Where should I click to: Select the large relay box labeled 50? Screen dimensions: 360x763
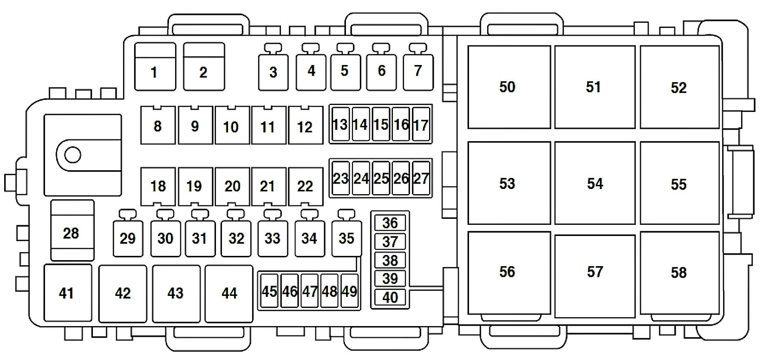tap(508, 87)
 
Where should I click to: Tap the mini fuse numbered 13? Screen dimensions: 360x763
tap(339, 124)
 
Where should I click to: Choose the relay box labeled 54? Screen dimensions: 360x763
tap(594, 183)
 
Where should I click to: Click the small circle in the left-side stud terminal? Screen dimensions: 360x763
tap(72, 155)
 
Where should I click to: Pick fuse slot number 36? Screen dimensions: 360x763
tap(390, 223)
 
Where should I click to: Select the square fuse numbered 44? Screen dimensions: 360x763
tap(229, 293)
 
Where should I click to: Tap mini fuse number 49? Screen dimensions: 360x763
tap(349, 291)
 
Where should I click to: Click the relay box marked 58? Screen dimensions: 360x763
tap(679, 273)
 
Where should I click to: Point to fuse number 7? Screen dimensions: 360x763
tap(418, 72)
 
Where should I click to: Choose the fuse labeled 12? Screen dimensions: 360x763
tap(305, 125)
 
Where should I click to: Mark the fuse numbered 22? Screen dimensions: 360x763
tap(305, 186)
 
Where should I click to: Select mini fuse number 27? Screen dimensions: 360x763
tap(421, 179)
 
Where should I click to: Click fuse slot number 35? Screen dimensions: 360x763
tap(346, 238)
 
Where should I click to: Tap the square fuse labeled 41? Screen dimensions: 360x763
tap(67, 293)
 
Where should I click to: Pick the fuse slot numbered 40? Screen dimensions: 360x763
tap(390, 297)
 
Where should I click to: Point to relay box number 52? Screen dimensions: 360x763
tap(679, 87)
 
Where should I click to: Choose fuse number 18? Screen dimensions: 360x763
tap(158, 186)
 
